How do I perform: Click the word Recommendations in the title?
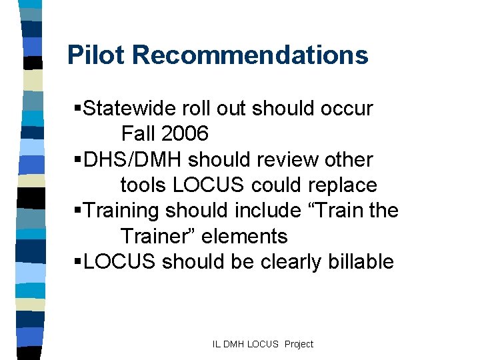[250, 55]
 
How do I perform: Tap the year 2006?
[184, 133]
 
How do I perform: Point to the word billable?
[361, 261]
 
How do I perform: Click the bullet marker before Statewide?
[78, 109]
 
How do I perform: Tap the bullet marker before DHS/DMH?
[78, 161]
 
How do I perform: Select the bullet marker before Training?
[78, 211]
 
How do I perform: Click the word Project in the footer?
[298, 344]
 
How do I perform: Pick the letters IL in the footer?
[217, 344]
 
